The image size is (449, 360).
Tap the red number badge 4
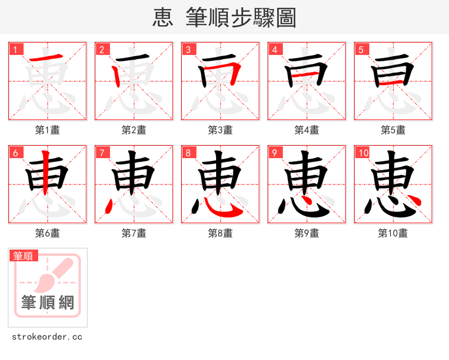click(x=274, y=49)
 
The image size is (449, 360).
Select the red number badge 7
click(x=102, y=153)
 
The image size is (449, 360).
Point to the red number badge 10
click(x=363, y=153)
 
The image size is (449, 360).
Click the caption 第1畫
click(x=48, y=130)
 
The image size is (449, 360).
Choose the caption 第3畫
click(x=221, y=130)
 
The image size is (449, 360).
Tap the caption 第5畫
click(x=393, y=130)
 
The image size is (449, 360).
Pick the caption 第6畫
click(x=48, y=233)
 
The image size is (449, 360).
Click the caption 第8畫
click(x=221, y=233)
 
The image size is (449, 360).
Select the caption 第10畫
click(x=393, y=233)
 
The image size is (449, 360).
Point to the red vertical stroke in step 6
click(x=48, y=174)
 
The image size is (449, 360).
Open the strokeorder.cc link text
click(x=47, y=337)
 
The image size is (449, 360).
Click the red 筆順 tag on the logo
click(x=24, y=256)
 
